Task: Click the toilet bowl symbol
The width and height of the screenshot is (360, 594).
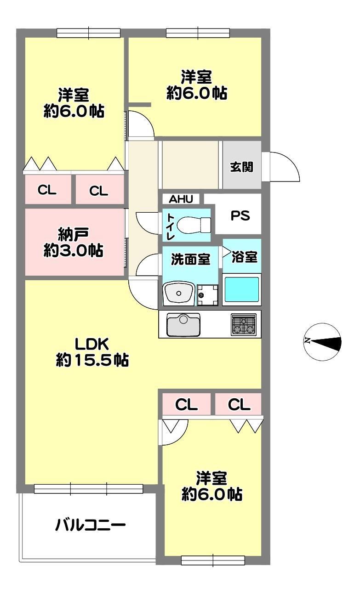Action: [194, 225]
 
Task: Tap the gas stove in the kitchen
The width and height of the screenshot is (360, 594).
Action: [244, 325]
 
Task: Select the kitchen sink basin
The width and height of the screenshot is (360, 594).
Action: [183, 325]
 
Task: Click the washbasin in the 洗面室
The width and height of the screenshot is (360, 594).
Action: [179, 293]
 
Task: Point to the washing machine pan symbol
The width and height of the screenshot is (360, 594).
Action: [207, 295]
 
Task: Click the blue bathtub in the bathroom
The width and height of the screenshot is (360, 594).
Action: [241, 289]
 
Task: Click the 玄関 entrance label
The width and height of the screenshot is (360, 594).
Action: [241, 167]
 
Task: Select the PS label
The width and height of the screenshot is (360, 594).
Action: [240, 215]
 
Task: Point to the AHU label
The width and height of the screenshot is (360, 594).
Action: [181, 199]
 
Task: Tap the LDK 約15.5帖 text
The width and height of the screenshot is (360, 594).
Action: [92, 352]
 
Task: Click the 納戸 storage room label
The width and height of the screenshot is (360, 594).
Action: [73, 234]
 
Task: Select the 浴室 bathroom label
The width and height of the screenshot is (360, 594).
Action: [244, 257]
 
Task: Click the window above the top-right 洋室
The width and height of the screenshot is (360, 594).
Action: [198, 33]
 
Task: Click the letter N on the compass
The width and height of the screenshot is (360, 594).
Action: [308, 340]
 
